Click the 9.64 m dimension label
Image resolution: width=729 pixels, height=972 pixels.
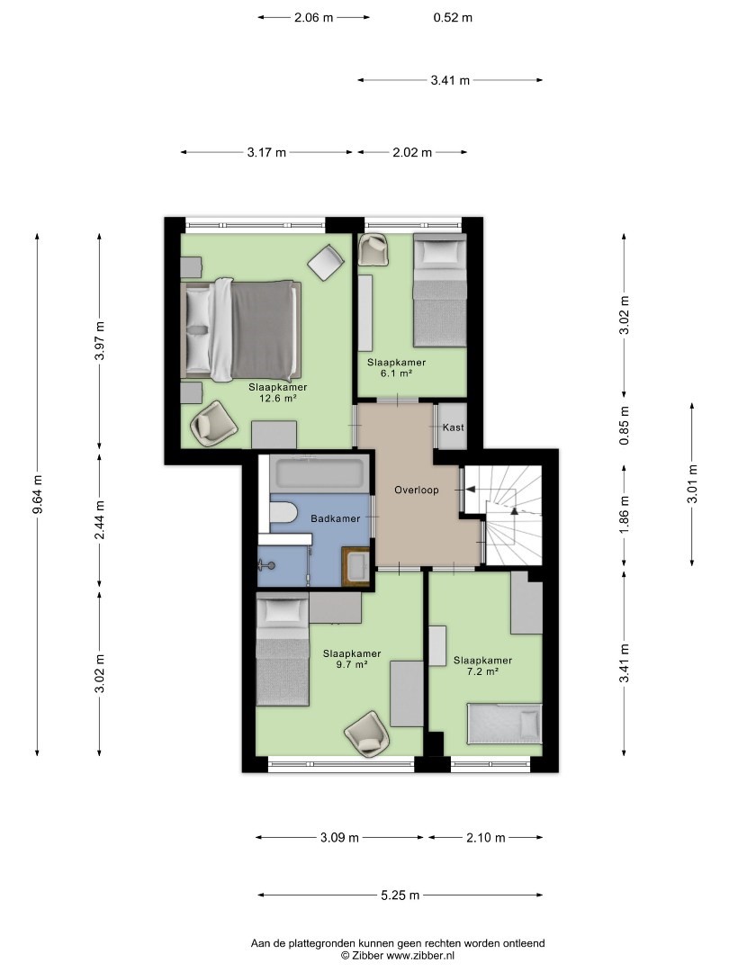39,494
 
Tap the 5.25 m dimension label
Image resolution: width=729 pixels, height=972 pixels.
400,895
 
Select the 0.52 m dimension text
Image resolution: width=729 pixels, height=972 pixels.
453,17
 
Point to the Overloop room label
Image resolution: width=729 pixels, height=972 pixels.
417,490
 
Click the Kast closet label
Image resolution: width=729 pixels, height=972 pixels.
453,427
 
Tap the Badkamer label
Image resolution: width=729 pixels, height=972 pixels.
336,518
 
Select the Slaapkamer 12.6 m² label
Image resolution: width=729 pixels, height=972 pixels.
278,392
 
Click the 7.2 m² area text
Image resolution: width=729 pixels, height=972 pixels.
483,671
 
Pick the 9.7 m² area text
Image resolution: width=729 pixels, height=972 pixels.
352,664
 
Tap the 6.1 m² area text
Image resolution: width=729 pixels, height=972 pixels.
396,373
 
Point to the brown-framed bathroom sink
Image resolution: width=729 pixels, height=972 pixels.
356,565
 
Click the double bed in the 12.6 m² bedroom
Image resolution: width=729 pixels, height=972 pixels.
241,329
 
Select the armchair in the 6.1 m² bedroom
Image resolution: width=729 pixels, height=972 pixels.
374,249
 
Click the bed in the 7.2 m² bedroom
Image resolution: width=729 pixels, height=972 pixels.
505,724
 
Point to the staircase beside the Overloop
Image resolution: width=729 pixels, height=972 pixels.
504,515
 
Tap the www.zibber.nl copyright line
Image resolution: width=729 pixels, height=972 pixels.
398,955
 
